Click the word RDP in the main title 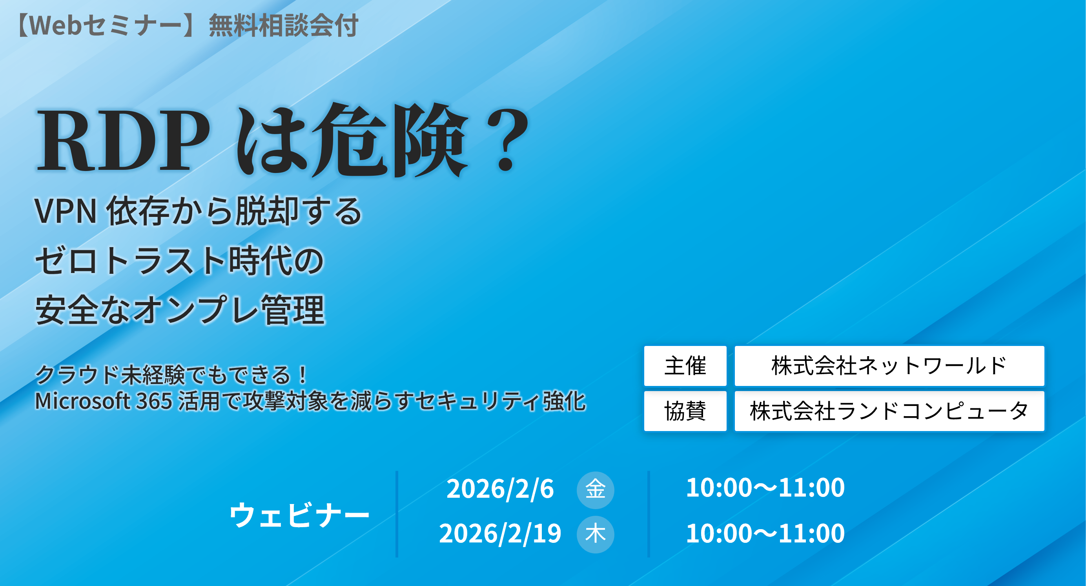(x=123, y=140)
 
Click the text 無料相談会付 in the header (x=283, y=25)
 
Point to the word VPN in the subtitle (x=66, y=211)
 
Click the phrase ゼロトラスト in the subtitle (x=131, y=261)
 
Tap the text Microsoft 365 (x=104, y=401)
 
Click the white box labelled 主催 (x=685, y=366)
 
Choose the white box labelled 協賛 (x=685, y=411)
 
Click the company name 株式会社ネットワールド (x=889, y=366)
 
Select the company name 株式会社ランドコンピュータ (x=889, y=411)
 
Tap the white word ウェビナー (x=299, y=515)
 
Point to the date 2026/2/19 (x=500, y=533)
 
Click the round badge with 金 (x=595, y=490)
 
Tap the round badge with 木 (x=595, y=535)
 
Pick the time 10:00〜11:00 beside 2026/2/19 (x=765, y=533)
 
